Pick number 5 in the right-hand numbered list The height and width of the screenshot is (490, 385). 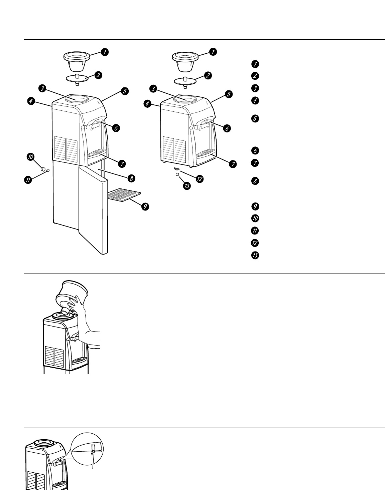coord(255,118)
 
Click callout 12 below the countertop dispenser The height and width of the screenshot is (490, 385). coord(199,179)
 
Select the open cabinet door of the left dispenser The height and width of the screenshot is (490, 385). coord(94,210)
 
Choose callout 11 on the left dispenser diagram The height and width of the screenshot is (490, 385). coord(28,180)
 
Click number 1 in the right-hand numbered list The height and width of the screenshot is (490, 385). coord(255,64)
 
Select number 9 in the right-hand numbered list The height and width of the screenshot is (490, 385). coord(255,206)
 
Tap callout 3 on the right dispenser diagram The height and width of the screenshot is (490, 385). coord(153,89)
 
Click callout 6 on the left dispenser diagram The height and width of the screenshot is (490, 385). coord(116,128)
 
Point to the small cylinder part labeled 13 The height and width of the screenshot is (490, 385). coord(177,174)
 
